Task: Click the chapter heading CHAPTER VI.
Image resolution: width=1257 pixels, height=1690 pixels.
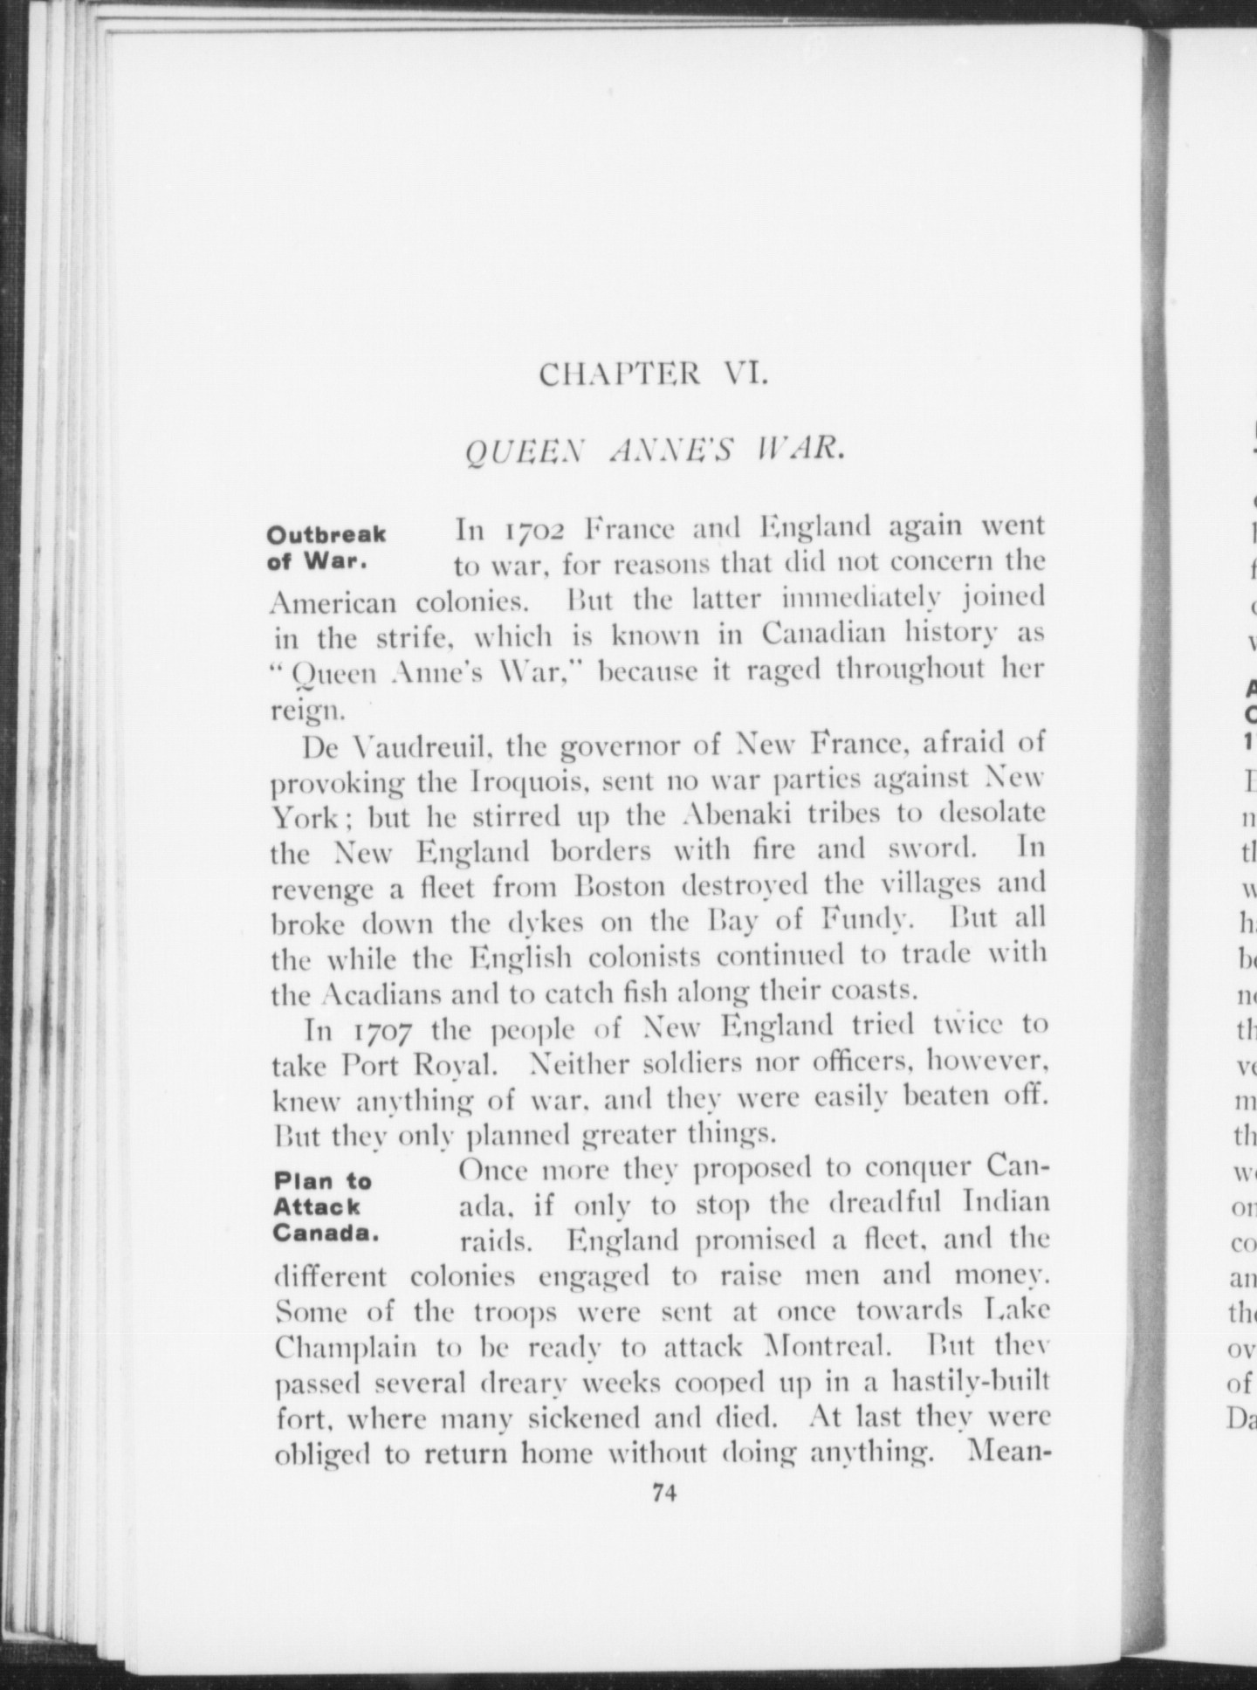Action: pos(653,374)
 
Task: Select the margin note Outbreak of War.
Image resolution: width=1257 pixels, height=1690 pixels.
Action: pos(326,546)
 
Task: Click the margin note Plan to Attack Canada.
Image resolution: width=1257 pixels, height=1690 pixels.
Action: pos(323,1206)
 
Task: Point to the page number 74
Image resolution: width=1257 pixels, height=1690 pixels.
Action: pos(664,1493)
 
